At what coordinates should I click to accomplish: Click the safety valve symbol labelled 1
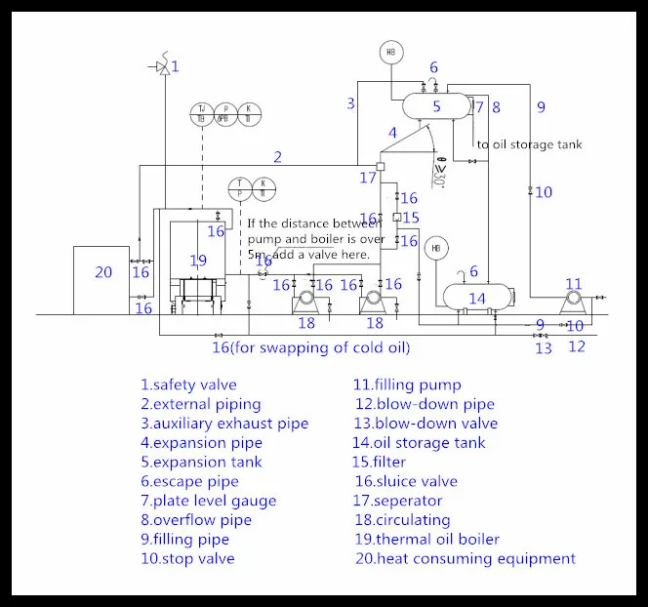[x=163, y=66]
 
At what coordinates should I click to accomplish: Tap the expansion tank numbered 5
[x=436, y=105]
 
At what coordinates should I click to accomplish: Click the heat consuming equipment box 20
[x=102, y=279]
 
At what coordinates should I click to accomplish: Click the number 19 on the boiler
[x=198, y=262]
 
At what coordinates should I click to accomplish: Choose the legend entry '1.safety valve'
[x=188, y=384]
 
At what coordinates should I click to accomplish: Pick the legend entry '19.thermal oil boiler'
[x=425, y=539]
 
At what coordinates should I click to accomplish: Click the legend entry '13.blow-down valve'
[x=425, y=424]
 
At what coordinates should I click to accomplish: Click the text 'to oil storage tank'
[x=529, y=144]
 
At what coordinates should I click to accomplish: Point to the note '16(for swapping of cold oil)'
[x=311, y=347]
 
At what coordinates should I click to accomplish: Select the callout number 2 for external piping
[x=277, y=156]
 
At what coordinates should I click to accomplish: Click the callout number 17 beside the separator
[x=367, y=178]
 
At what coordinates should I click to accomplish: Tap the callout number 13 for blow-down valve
[x=544, y=347]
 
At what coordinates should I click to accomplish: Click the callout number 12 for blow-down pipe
[x=577, y=345]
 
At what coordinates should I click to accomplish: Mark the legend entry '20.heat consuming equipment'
[x=465, y=558]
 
